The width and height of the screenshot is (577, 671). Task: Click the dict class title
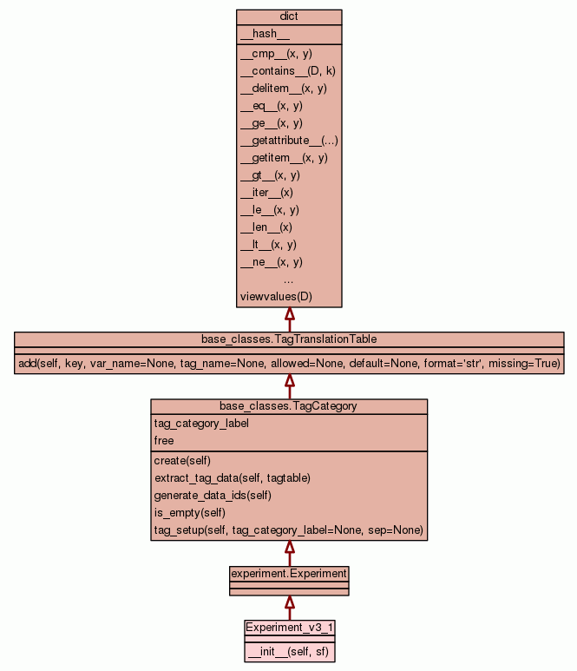[x=289, y=17]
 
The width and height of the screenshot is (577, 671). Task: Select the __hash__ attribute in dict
[x=259, y=34]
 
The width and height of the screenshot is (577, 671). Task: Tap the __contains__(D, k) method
[x=287, y=71]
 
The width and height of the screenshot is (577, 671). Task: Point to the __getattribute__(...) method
[x=289, y=141]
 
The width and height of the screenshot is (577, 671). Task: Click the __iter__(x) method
[x=266, y=193]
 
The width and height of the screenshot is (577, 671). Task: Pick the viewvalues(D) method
[x=276, y=297]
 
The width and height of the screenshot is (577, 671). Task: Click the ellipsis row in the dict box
[x=288, y=280]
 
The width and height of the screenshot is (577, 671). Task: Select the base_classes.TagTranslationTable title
[x=289, y=339]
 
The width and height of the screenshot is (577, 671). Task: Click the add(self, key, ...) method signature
[x=289, y=363]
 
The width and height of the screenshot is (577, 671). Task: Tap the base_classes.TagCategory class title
[x=289, y=406]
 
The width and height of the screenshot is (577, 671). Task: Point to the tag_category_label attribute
[x=201, y=424]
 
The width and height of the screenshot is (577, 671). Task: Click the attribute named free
[x=164, y=441]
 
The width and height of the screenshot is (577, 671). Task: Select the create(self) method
[x=182, y=461]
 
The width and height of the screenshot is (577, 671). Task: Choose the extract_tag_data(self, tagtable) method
[x=232, y=478]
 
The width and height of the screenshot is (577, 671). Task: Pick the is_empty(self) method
[x=191, y=513]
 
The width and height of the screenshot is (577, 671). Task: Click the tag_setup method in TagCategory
[x=288, y=530]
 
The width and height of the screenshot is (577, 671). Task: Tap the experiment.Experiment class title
[x=289, y=574]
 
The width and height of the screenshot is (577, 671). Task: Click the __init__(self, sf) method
[x=288, y=650]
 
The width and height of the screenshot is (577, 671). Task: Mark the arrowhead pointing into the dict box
[x=289, y=314]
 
